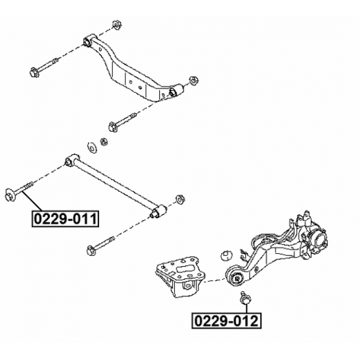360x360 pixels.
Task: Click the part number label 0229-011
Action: pyautogui.click(x=65, y=217)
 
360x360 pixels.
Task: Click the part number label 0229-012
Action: pyautogui.click(x=227, y=321)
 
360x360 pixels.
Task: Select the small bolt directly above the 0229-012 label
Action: pyautogui.click(x=245, y=299)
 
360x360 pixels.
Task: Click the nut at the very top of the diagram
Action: pyautogui.click(x=118, y=25)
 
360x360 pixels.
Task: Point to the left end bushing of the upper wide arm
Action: pyautogui.click(x=89, y=41)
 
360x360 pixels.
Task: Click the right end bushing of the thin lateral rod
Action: pyautogui.click(x=159, y=212)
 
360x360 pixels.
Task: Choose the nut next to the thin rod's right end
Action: pyautogui.click(x=181, y=198)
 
